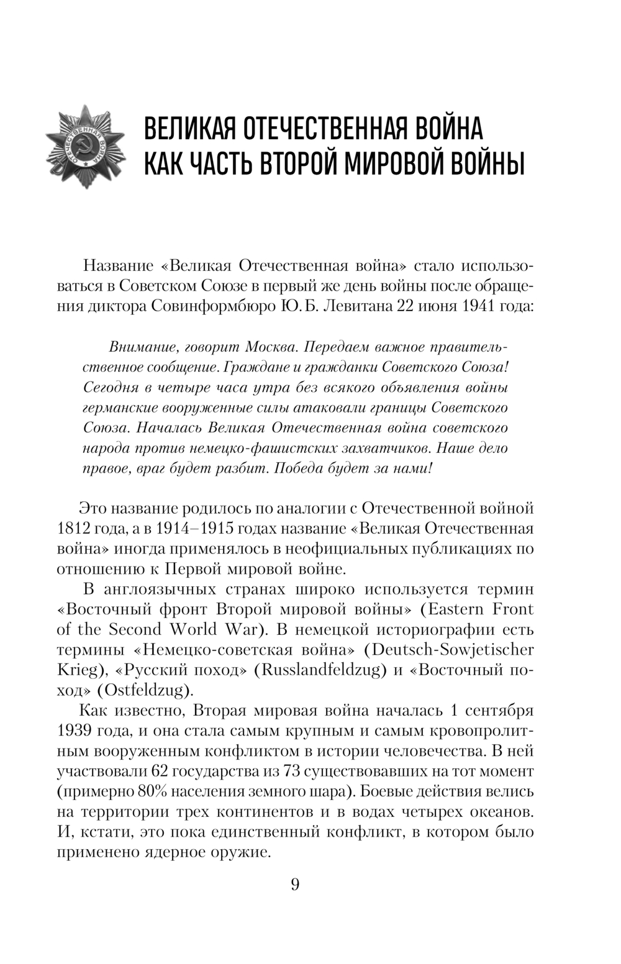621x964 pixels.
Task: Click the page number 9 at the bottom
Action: pos(295,884)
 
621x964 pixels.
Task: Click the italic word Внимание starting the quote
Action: pos(138,347)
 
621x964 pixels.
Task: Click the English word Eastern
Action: pos(455,609)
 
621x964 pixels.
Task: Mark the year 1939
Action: pos(75,730)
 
